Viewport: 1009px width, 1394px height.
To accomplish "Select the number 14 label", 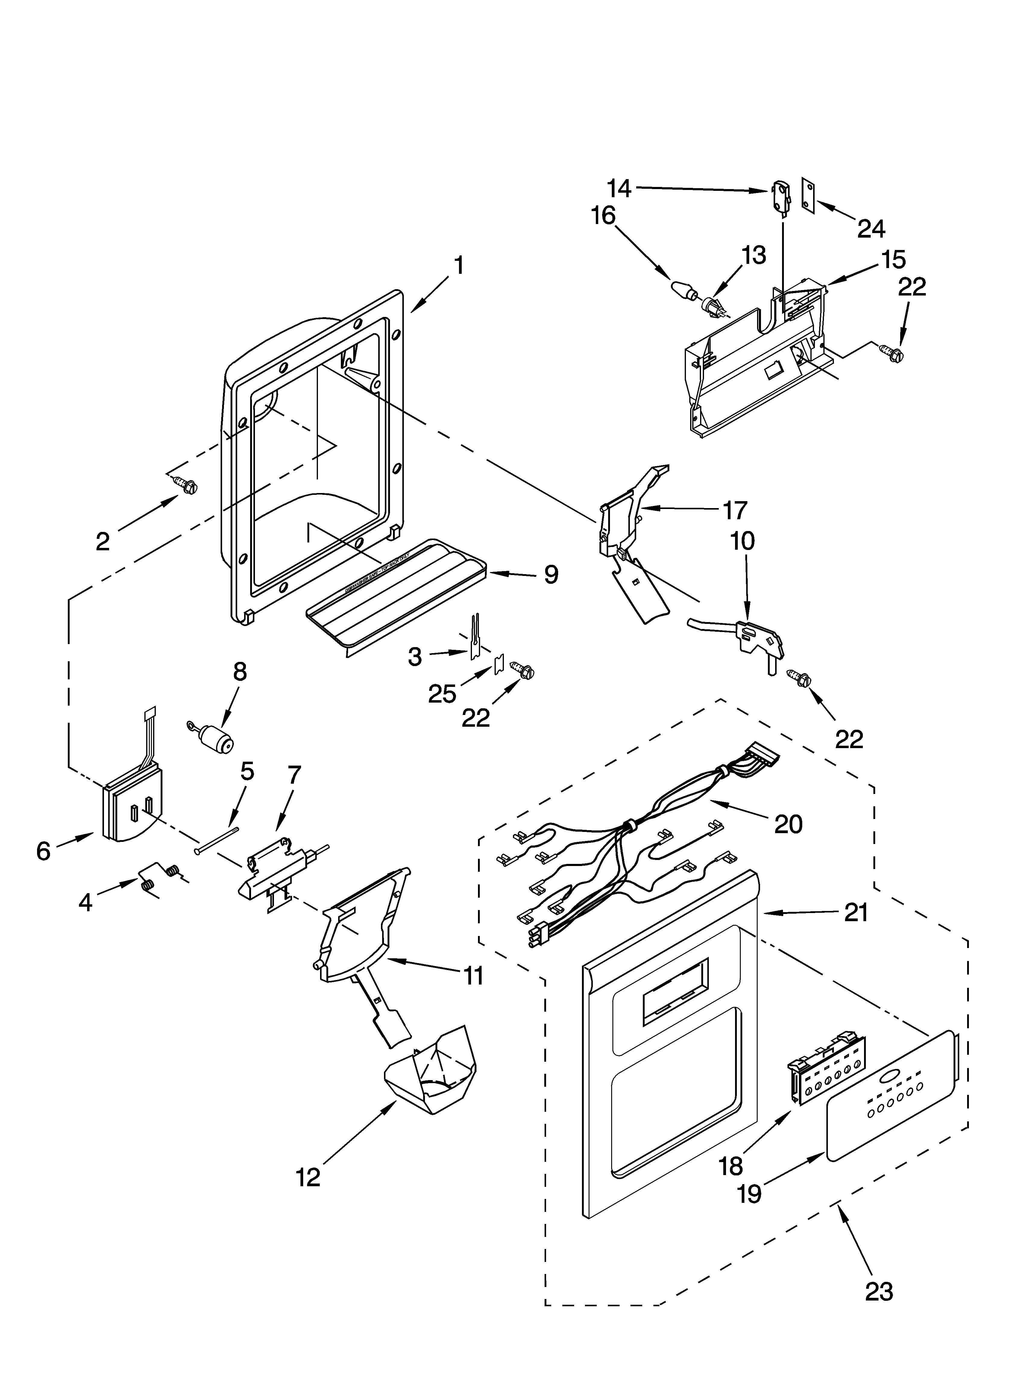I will tap(619, 189).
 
